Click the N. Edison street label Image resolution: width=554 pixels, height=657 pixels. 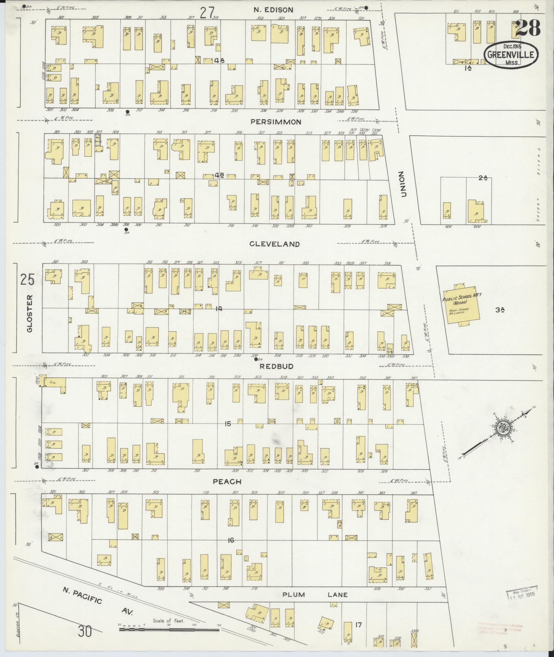pyautogui.click(x=273, y=10)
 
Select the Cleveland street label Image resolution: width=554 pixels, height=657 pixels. pyautogui.click(x=274, y=244)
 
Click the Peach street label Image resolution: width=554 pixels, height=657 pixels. pyautogui.click(x=227, y=482)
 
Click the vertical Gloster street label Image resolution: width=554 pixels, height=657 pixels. pyautogui.click(x=30, y=313)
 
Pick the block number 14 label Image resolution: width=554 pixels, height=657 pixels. pyautogui.click(x=218, y=309)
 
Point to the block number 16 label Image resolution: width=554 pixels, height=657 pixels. pyautogui.click(x=230, y=540)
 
